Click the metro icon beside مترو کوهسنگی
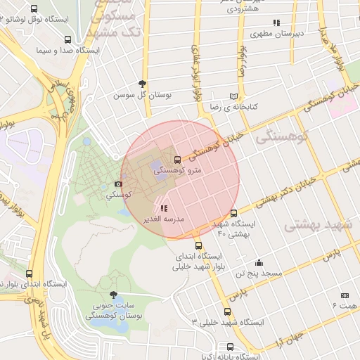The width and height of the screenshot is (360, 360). [x=176, y=160]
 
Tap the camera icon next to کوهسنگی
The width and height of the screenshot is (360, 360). [x=117, y=184]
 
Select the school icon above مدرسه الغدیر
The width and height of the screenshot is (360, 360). [x=164, y=208]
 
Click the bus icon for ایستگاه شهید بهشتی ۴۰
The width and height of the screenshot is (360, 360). [x=234, y=214]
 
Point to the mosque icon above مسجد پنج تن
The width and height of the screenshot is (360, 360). [x=259, y=262]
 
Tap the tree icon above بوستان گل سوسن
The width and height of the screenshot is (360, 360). [x=143, y=83]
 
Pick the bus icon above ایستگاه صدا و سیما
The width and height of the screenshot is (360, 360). [x=67, y=39]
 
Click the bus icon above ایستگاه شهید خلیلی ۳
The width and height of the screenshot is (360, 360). [x=227, y=311]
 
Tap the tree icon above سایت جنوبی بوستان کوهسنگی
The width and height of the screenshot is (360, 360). [x=114, y=295]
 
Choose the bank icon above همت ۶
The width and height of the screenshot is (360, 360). [x=345, y=296]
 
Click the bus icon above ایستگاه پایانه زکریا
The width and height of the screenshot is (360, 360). [x=231, y=347]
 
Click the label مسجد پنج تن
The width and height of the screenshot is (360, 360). [x=259, y=273]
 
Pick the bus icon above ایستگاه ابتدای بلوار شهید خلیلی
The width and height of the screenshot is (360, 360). [x=199, y=246]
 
